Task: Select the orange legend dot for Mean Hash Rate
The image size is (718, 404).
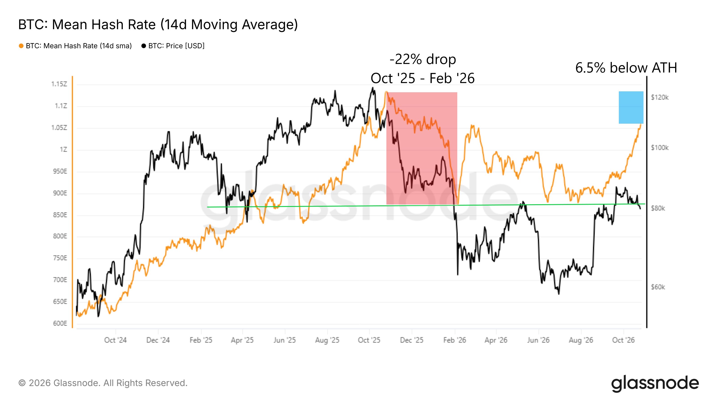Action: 21,46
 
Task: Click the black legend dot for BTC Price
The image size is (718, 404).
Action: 144,46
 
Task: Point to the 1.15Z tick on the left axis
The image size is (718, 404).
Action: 59,84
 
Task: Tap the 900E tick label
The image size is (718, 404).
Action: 60,193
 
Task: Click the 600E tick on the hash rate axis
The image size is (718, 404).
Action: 60,323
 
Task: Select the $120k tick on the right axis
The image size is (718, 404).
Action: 660,97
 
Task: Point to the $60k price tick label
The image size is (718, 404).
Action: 658,287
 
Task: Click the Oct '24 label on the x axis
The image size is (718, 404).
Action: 115,340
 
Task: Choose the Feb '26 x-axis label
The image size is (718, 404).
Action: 455,340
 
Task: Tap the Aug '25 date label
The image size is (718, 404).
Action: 327,340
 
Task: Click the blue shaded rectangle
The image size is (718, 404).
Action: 631,107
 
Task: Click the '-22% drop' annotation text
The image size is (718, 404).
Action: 422,59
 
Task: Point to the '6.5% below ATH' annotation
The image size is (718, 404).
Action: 626,68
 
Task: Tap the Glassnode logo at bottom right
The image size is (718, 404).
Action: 655,384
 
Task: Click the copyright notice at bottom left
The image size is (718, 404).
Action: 103,383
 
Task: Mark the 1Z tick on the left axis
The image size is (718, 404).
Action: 63,149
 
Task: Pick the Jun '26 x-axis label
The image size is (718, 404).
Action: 538,340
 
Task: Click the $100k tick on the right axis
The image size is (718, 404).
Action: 660,147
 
